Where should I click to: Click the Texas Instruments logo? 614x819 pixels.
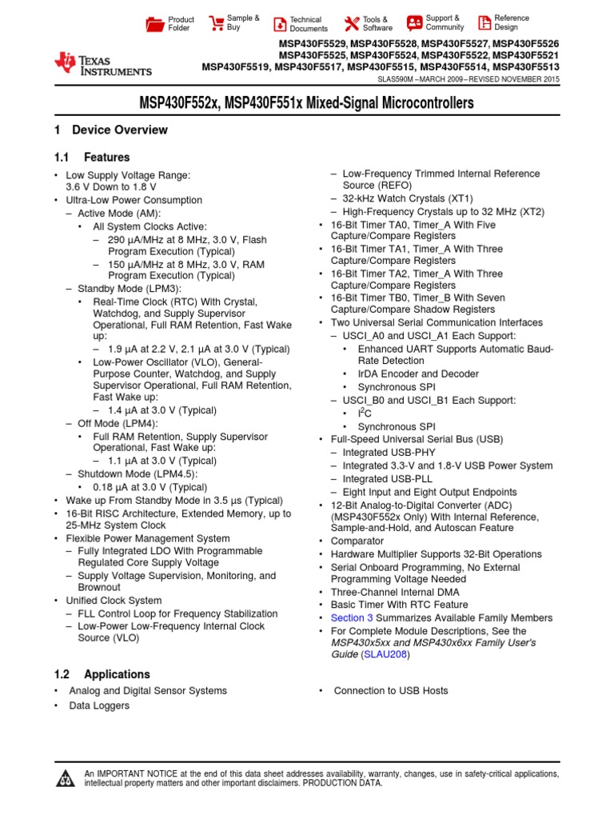point(102,65)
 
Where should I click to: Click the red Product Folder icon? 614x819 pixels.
point(155,24)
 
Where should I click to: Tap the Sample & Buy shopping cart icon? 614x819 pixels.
point(217,23)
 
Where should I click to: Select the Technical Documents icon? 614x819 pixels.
point(280,24)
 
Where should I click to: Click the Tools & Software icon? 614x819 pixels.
point(351,23)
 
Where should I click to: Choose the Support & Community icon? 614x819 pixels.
point(414,23)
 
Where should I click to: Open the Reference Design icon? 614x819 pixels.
point(484,23)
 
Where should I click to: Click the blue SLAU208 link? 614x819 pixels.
point(386,654)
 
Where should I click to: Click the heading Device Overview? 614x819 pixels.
point(120,130)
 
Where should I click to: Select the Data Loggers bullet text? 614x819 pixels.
point(99,705)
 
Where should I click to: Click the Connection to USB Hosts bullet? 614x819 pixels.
point(390,690)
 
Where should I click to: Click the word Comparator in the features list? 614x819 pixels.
point(357,541)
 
